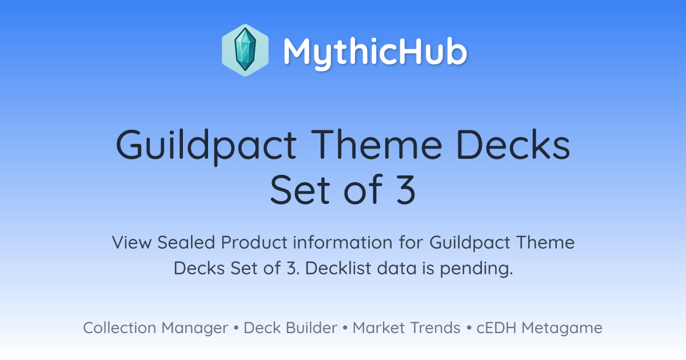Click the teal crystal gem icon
pos(245,50)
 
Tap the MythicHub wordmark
pos(375,53)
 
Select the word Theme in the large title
pos(376,144)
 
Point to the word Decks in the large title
pos(513,144)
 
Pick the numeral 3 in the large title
pos(406,190)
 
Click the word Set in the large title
pos(300,190)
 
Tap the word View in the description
pos(131,242)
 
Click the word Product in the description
pos(254,242)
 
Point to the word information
pos(342,242)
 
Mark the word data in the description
pos(397,268)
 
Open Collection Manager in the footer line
pos(155,328)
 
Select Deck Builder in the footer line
pos(290,327)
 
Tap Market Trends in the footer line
pos(406,327)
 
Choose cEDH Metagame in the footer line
pos(539,328)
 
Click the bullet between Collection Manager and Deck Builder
pos(236,328)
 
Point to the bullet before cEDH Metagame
pos(469,328)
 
